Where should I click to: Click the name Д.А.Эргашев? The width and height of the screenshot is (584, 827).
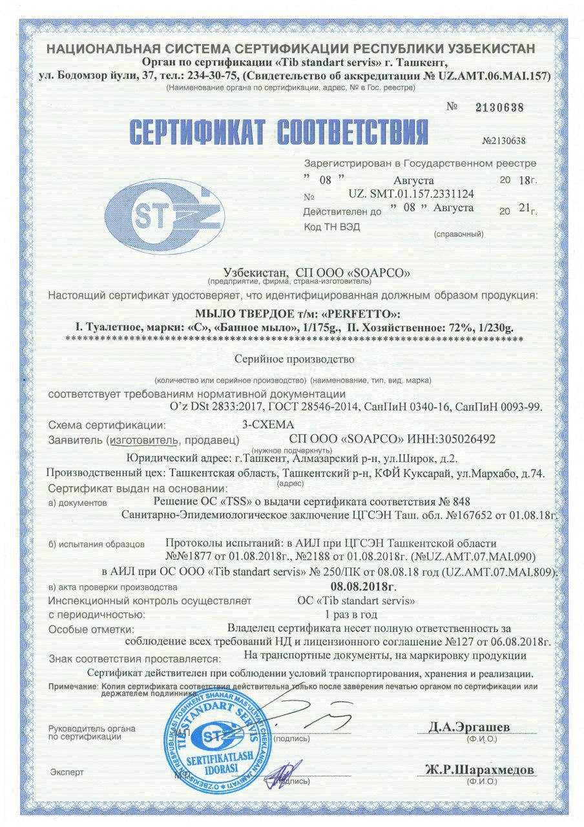[469, 728]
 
